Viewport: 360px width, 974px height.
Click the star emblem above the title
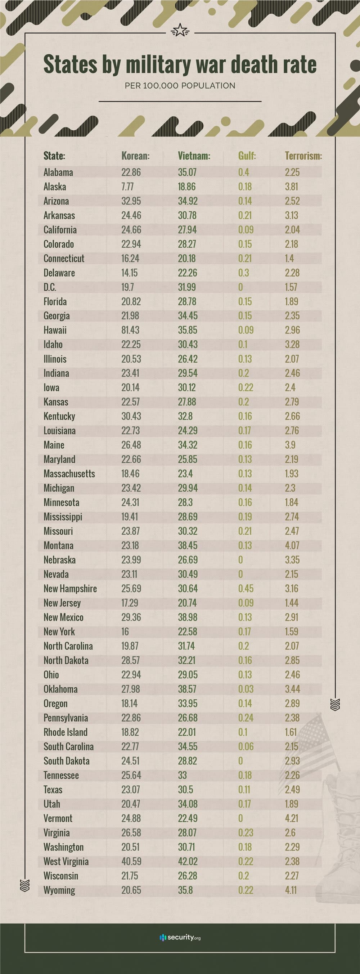click(x=180, y=30)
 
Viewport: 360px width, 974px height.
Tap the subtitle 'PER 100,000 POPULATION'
click(x=180, y=86)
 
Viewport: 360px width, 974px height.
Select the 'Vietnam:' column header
click(x=194, y=156)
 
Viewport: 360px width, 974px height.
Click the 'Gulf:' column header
click(x=247, y=156)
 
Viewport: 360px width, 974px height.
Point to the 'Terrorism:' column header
click(x=303, y=156)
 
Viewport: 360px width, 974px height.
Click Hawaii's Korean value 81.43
click(x=130, y=330)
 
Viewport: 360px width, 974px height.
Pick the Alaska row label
click(x=55, y=187)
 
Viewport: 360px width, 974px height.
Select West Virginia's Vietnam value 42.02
click(x=188, y=861)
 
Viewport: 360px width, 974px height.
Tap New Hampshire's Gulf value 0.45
click(x=246, y=589)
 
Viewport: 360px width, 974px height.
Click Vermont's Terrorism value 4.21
click(x=292, y=818)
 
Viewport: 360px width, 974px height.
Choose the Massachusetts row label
click(x=69, y=474)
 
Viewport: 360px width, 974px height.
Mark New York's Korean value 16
click(x=125, y=632)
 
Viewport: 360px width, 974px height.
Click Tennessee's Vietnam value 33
click(x=183, y=775)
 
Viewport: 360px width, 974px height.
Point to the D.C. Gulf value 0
click(x=240, y=287)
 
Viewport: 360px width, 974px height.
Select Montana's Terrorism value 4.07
click(x=292, y=546)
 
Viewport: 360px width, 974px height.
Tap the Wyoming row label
click(x=59, y=890)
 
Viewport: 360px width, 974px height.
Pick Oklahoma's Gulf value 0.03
click(x=246, y=689)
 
